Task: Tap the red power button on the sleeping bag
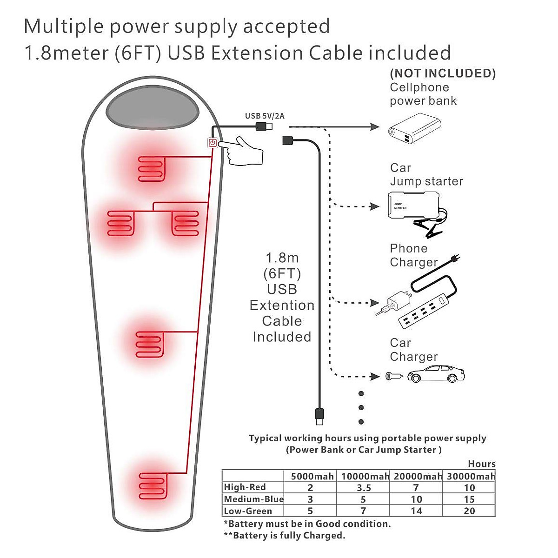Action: click(213, 143)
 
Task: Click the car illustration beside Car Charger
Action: click(436, 374)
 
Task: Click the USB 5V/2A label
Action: click(265, 116)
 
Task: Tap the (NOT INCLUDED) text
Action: click(443, 73)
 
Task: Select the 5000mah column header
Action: click(312, 476)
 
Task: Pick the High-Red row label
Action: click(245, 487)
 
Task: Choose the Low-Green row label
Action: click(248, 511)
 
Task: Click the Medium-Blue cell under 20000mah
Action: click(416, 499)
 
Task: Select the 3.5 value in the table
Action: click(364, 488)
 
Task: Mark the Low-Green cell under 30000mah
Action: click(469, 511)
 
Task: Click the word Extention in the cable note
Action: click(282, 306)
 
